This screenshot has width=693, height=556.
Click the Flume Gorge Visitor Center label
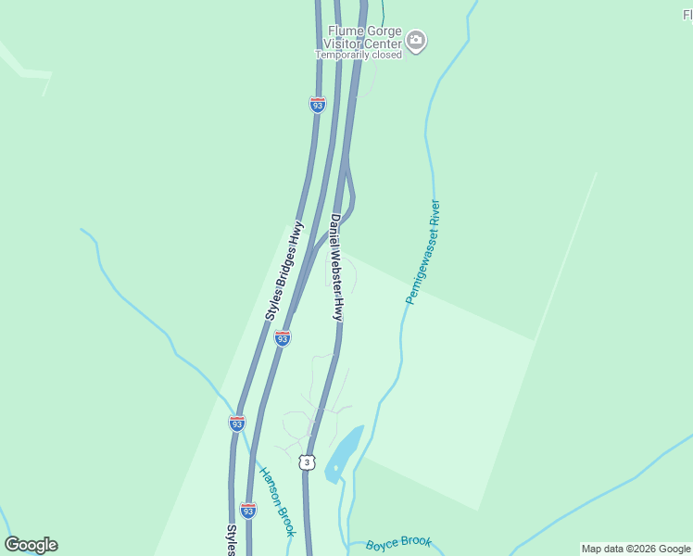pos(364,37)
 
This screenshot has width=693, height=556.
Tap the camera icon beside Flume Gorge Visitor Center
pos(416,40)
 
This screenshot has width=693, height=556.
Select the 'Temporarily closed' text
pos(359,55)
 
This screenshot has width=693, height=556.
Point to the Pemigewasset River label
pos(422,252)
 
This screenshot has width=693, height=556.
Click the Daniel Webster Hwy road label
pos(337,268)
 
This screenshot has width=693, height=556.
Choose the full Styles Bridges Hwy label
pos(284,271)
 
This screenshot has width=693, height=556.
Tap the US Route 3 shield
pos(307,461)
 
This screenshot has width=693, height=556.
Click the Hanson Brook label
pos(276,500)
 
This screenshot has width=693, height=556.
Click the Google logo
pos(31,545)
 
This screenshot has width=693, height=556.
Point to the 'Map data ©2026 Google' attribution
pos(636,549)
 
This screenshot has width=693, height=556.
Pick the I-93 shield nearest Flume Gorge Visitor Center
pos(318,105)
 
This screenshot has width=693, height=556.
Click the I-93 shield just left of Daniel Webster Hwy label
pos(283,338)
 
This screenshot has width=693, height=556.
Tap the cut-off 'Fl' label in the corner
pos(687,15)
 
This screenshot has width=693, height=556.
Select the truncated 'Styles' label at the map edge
pos(232,540)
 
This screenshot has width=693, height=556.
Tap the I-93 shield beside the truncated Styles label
pos(247,510)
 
